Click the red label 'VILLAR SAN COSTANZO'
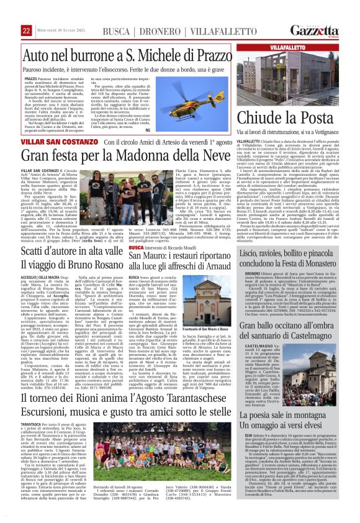click(53, 142)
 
